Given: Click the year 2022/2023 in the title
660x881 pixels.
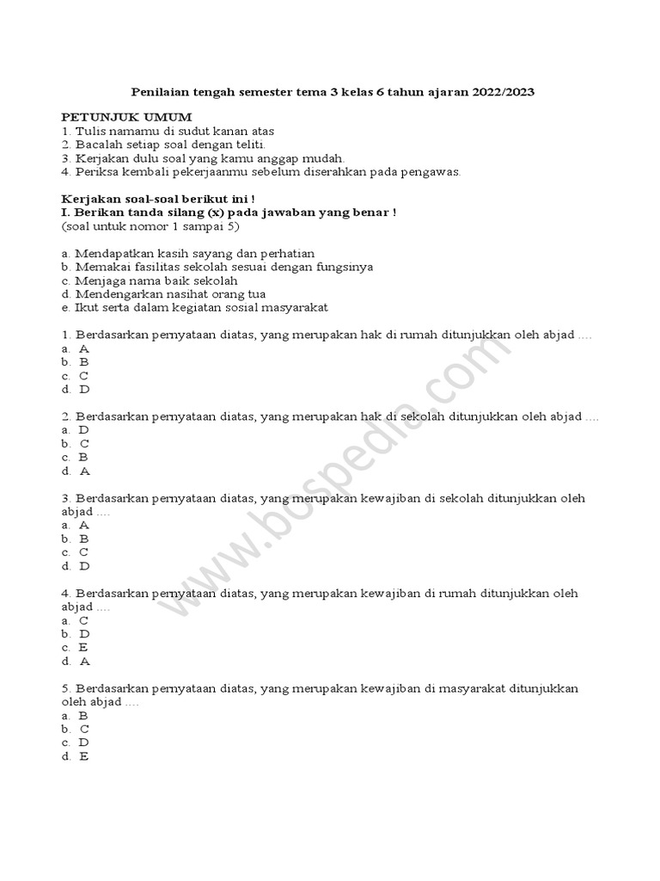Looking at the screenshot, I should click(504, 91).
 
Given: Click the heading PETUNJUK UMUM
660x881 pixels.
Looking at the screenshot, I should click(127, 117).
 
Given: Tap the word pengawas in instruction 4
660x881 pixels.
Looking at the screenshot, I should click(433, 171).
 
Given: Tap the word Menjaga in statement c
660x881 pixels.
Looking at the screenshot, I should click(98, 280).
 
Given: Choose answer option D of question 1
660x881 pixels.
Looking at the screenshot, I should click(84, 389).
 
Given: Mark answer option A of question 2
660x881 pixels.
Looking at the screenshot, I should click(84, 471).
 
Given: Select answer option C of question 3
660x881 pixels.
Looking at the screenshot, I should click(84, 552).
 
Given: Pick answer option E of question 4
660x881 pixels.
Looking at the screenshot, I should click(83, 647).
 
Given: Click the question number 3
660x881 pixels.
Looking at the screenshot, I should click(65, 498).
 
